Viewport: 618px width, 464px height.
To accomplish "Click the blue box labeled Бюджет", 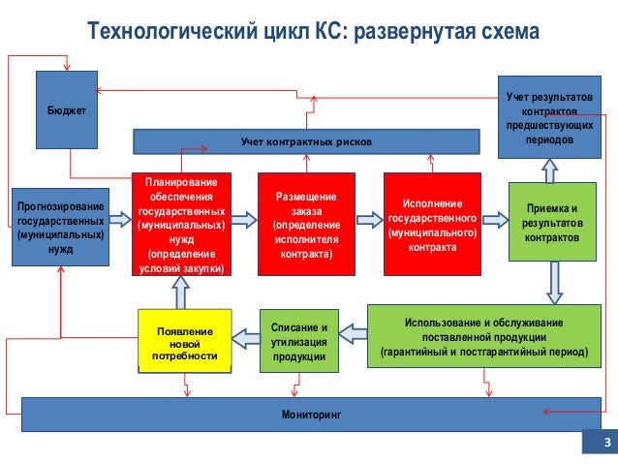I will pos(67,111).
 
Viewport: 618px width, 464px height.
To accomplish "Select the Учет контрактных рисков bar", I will pos(306,142).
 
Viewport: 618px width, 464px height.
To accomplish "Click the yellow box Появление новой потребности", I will pos(185,342).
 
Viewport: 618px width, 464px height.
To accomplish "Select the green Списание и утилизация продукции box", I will pos(298,342).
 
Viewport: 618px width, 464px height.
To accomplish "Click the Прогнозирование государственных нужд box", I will pos(60,226).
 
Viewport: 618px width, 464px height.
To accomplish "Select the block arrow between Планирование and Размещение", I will pos(242,221).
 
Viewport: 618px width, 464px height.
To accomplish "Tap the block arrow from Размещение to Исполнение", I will pos(368,221).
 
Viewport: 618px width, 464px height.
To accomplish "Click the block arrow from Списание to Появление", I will pos(247,337).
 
